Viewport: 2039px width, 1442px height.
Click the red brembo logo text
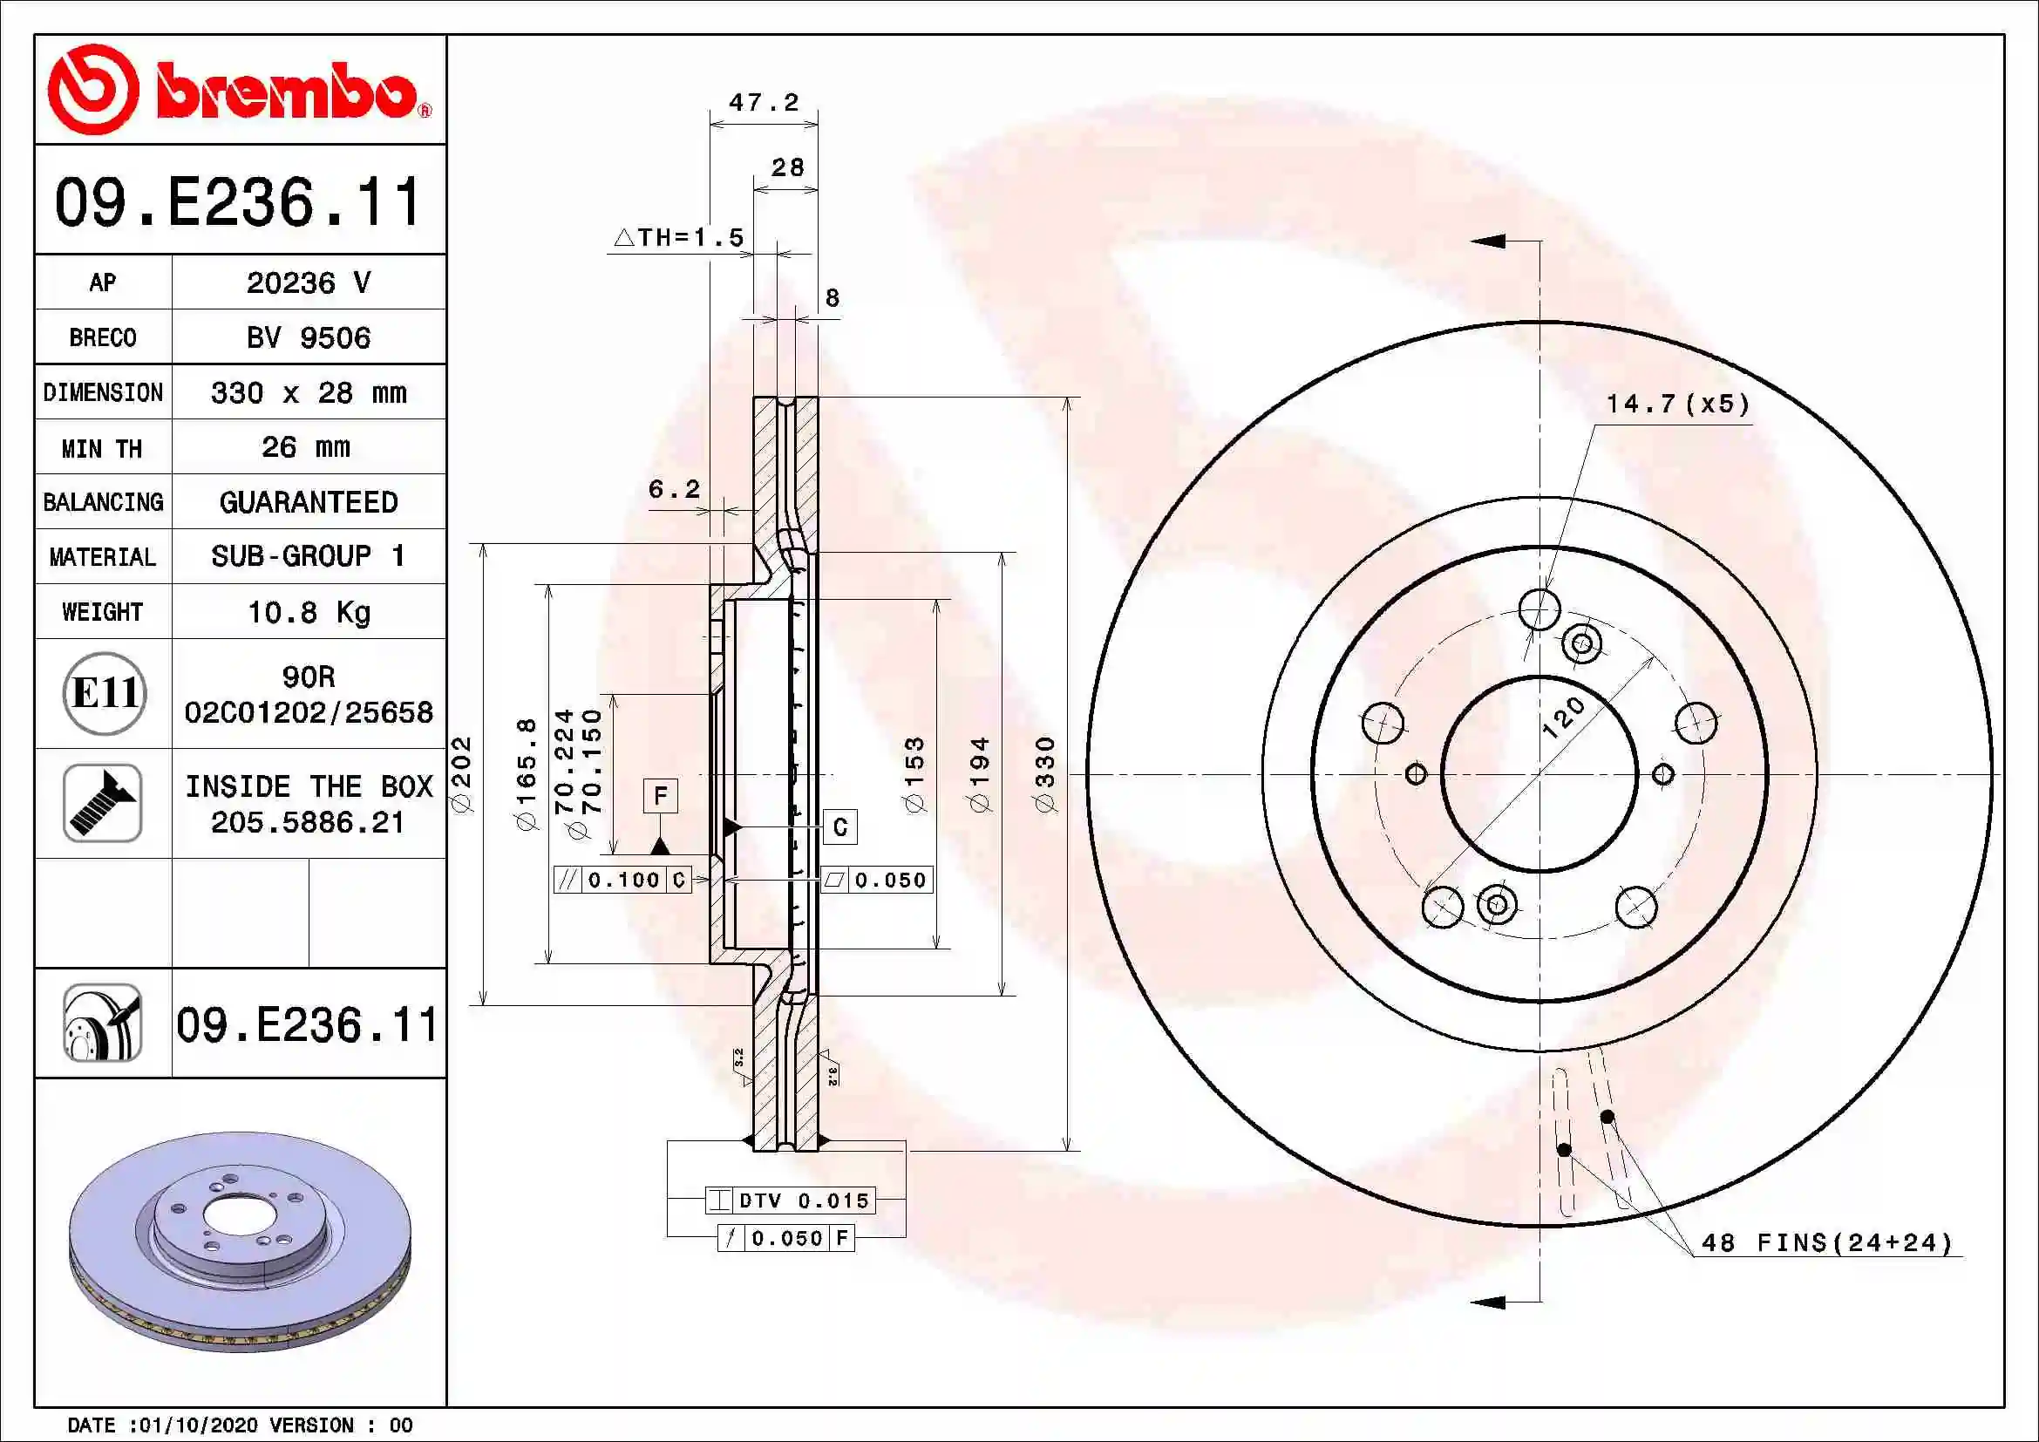pyautogui.click(x=286, y=91)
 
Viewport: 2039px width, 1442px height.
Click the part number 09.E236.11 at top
pyautogui.click(x=238, y=201)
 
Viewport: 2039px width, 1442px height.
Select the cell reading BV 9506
pyautogui.click(x=308, y=337)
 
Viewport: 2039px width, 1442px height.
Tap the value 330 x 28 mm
pyautogui.click(x=308, y=392)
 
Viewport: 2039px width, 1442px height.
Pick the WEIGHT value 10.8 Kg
pyautogui.click(x=308, y=612)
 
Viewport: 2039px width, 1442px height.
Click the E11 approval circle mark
pyautogui.click(x=104, y=692)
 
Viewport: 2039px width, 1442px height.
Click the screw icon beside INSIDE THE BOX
pyautogui.click(x=102, y=803)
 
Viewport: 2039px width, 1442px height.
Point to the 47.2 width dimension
pyautogui.click(x=764, y=102)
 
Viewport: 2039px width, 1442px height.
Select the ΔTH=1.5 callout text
pyautogui.click(x=679, y=237)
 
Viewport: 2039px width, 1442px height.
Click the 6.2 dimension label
pyautogui.click(x=674, y=488)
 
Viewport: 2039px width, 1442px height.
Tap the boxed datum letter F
pyautogui.click(x=660, y=796)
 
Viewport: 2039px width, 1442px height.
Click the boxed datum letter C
pyautogui.click(x=839, y=827)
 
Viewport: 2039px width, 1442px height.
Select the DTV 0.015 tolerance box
pyautogui.click(x=791, y=1201)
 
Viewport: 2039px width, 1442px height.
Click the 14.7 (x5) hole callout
pyautogui.click(x=1677, y=404)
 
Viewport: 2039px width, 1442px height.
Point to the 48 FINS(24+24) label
pyautogui.click(x=1828, y=1242)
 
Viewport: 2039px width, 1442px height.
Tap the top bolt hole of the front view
pyautogui.click(x=1539, y=609)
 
